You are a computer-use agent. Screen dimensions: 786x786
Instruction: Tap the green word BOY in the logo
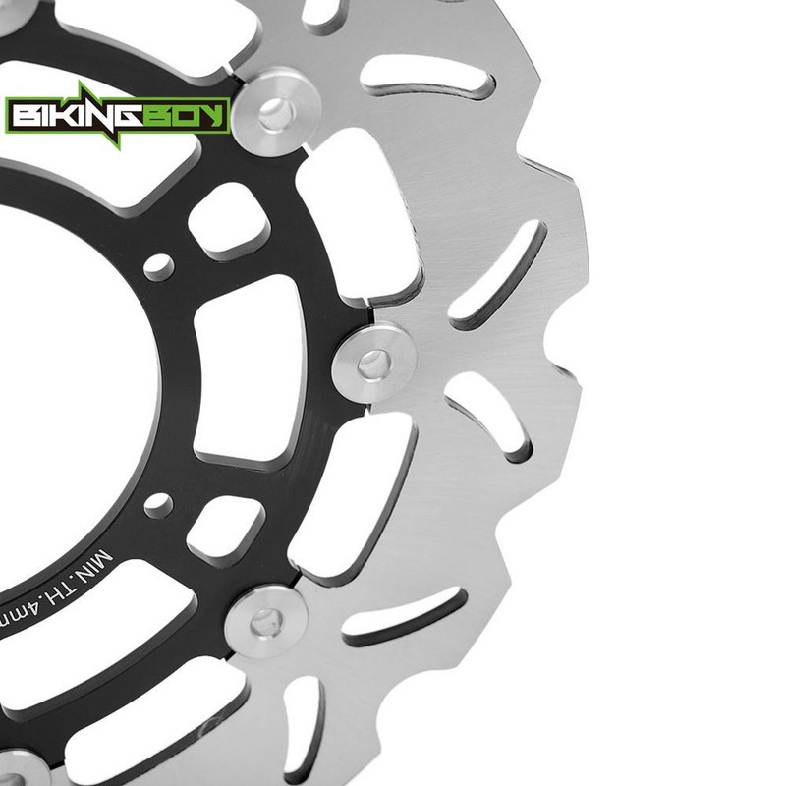pos(187,116)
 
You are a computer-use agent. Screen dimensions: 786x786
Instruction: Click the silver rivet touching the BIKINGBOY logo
pos(278,109)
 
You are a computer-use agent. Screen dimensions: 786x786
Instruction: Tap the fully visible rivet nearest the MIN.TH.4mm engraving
pos(265,620)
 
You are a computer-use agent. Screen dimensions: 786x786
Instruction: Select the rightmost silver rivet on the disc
pos(373,363)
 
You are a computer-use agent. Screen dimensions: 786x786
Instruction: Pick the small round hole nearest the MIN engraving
pos(157,505)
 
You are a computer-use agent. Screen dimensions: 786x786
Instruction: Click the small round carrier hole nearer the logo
pos(158,266)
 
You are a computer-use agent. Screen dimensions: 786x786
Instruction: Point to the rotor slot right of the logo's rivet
pos(428,77)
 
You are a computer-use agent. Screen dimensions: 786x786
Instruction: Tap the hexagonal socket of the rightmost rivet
pos(372,365)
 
